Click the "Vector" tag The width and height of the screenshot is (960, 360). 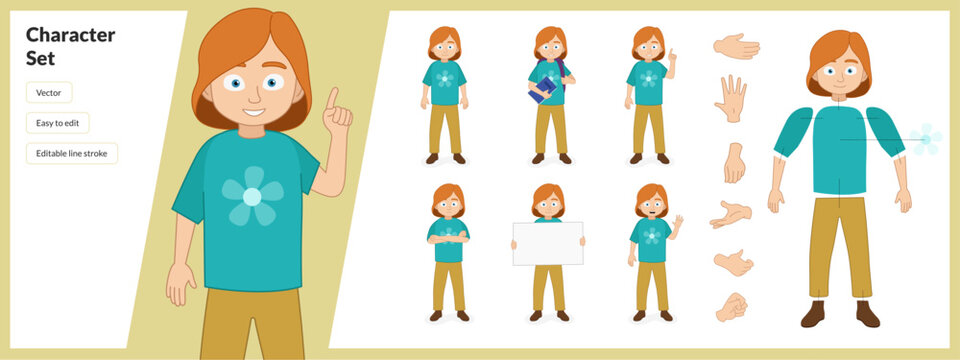[49, 92]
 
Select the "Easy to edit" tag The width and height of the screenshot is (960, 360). [57, 123]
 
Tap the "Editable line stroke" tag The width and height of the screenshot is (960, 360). [71, 154]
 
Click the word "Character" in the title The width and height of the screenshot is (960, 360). [70, 36]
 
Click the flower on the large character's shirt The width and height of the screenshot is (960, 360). [251, 196]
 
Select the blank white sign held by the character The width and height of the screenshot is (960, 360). [547, 243]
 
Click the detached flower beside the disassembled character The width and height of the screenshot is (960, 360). [926, 138]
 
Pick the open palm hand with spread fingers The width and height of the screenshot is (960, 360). [731, 98]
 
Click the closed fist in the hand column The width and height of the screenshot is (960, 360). [731, 306]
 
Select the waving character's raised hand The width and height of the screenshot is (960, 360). [679, 220]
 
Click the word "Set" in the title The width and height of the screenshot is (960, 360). [39, 59]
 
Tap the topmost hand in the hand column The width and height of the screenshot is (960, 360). [736, 46]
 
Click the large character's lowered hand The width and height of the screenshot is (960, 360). [179, 284]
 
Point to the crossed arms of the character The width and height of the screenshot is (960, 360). [448, 237]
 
